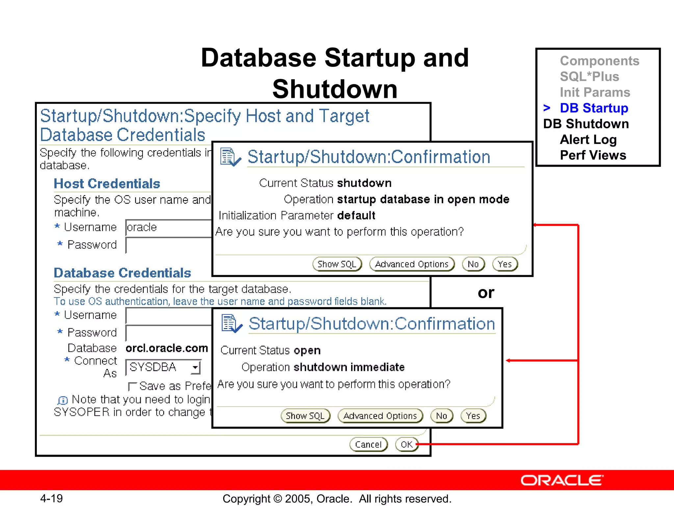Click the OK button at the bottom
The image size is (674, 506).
point(406,444)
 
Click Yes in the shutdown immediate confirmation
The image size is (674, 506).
point(473,416)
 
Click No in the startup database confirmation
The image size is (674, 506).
point(473,264)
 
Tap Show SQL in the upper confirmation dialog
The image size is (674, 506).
point(337,264)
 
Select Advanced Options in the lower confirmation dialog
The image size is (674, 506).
point(380,416)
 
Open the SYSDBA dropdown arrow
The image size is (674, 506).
point(195,367)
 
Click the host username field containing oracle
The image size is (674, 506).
point(168,228)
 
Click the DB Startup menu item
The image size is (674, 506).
point(594,108)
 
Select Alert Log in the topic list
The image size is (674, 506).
point(588,140)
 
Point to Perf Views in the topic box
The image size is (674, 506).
point(593,155)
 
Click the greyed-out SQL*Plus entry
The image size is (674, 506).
point(589,77)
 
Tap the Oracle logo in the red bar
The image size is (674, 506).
point(562,481)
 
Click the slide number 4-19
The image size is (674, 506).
point(51,498)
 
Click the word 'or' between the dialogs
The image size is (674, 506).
point(486,293)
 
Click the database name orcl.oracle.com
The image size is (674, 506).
point(167,348)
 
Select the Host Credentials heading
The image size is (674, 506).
point(107,184)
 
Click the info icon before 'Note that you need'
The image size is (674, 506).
point(63,400)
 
